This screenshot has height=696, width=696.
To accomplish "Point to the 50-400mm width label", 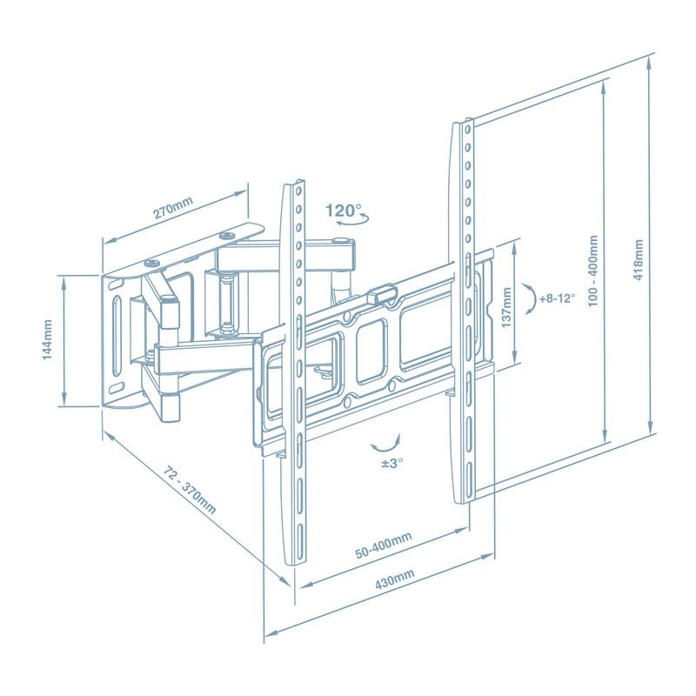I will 383,548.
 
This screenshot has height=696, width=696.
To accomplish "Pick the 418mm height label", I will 639,261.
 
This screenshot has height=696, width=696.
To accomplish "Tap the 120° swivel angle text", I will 343,210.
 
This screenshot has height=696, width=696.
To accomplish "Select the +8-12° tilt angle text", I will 557,298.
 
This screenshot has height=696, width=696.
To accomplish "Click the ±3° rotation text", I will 382,464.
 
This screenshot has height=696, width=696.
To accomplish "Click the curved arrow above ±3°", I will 382,445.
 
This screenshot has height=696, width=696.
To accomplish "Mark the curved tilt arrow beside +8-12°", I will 528,298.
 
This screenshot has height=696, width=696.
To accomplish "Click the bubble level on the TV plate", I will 381,295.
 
